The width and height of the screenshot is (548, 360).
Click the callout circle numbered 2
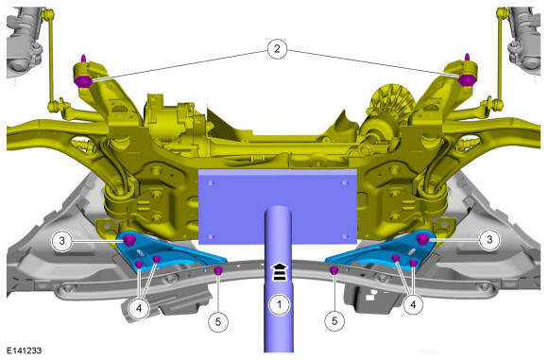point(277,49)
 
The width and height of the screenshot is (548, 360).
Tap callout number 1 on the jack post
point(280,305)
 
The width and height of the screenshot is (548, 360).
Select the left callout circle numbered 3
point(61,241)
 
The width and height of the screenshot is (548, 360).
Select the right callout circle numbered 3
point(489,240)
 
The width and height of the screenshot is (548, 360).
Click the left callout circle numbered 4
point(139,309)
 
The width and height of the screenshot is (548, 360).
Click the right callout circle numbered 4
point(414,305)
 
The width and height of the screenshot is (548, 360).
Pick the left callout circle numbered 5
point(218,321)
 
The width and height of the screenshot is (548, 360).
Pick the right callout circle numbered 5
point(334,321)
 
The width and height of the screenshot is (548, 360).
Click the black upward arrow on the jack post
point(280,272)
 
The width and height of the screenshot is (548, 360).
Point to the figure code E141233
point(25,351)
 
